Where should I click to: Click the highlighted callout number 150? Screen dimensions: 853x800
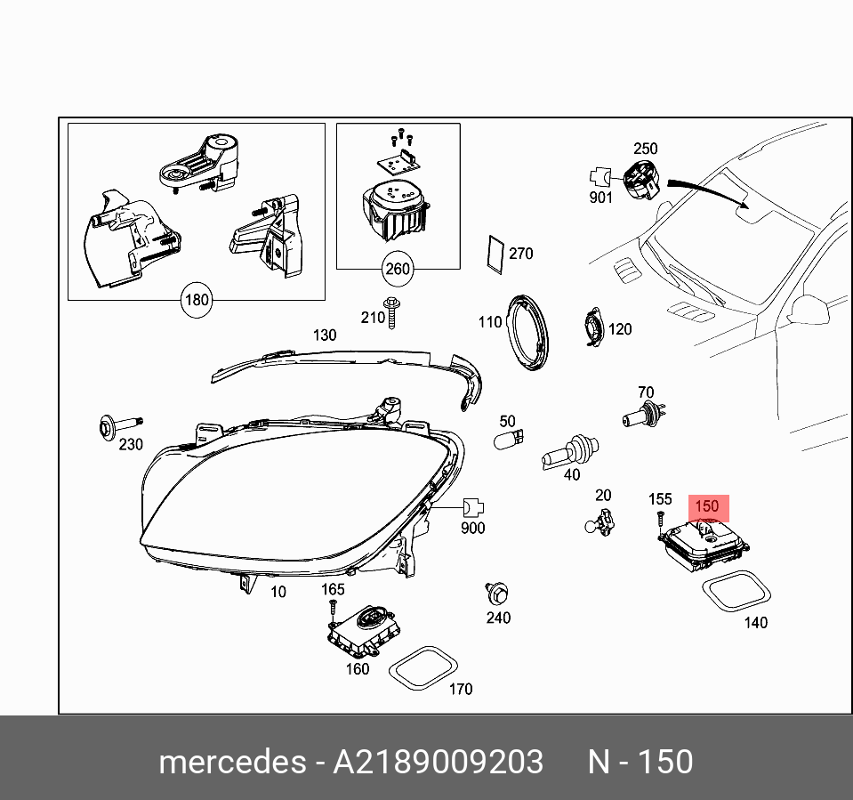706,506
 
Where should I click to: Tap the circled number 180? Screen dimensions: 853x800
196,300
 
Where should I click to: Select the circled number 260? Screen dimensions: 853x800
397,268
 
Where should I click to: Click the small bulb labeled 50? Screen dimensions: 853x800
509,439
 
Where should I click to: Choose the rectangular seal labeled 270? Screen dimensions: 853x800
495,254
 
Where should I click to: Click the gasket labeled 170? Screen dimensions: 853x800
423,669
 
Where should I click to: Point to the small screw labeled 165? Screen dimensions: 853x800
332,609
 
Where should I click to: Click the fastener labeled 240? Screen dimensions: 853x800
496,594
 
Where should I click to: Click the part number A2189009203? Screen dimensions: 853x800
438,762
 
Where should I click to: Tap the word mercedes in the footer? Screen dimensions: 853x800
231,762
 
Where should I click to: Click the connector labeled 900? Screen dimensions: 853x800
472,509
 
